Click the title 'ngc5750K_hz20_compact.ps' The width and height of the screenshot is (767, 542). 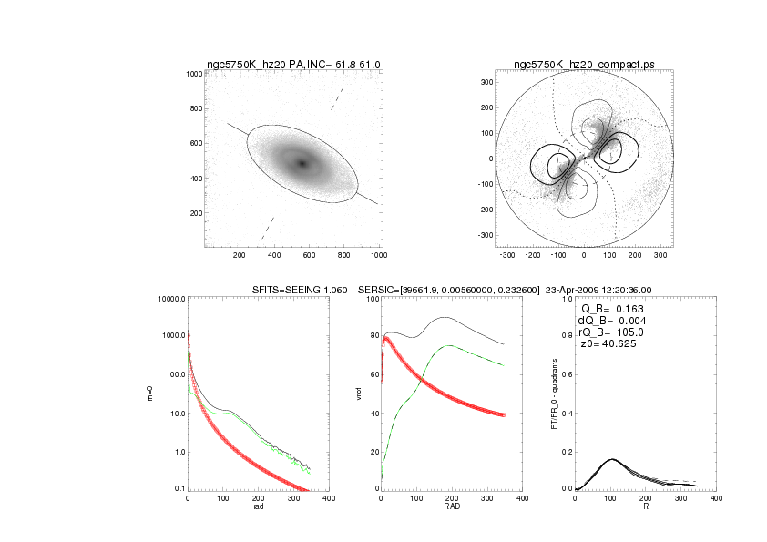coord(584,64)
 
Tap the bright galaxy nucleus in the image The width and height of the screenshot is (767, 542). coord(302,164)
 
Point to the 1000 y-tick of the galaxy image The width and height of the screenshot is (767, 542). coord(193,73)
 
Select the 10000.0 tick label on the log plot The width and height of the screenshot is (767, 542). coord(170,298)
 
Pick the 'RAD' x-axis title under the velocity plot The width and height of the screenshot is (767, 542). coord(451,506)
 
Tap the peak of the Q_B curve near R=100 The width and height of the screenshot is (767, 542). coord(610,458)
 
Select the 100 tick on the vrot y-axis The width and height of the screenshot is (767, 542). coord(372,298)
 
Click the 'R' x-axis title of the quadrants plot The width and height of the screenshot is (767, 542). coord(645,506)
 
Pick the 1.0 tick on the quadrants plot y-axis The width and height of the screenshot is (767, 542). coord(568,298)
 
